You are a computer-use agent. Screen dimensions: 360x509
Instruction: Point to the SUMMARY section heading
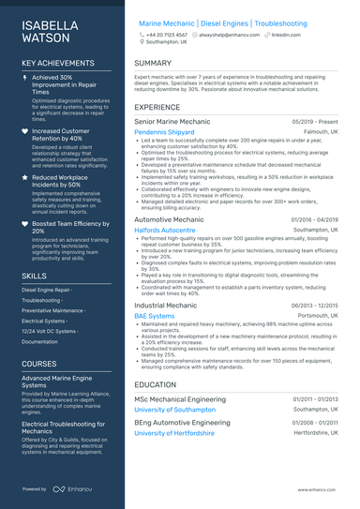pos(153,64)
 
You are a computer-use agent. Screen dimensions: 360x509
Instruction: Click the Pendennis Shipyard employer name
pos(165,132)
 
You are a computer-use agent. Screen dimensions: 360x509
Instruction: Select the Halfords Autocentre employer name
pos(166,229)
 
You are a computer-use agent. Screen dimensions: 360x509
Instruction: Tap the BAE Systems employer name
pos(155,316)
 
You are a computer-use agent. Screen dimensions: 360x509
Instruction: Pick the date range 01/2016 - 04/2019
pos(315,218)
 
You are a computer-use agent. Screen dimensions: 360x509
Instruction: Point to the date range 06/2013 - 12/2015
pos(315,306)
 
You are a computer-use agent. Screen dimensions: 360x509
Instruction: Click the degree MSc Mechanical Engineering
pos(180,399)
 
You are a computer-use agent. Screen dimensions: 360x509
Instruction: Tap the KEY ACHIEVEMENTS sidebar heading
pos(58,64)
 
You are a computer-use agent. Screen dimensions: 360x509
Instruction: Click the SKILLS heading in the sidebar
pos(35,277)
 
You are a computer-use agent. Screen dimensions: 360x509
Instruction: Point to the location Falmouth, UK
pos(317,132)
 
